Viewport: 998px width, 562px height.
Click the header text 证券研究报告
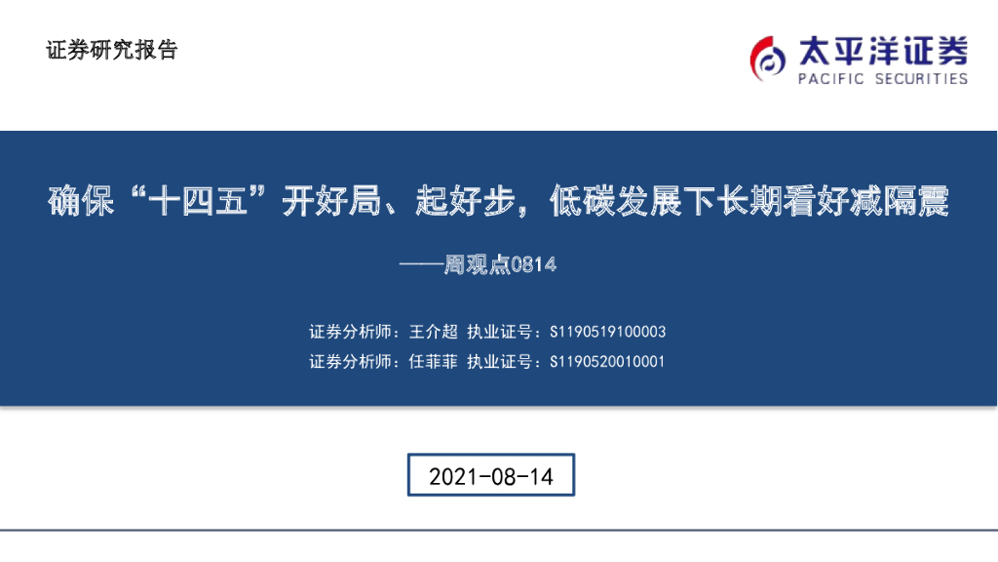point(111,51)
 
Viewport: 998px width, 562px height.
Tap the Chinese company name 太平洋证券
point(883,48)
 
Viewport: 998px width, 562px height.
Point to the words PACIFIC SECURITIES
point(883,79)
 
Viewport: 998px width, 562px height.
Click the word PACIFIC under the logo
point(831,79)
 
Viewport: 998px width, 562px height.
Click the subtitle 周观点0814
point(500,263)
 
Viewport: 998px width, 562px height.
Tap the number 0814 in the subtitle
point(534,263)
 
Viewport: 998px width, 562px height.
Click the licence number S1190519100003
point(607,333)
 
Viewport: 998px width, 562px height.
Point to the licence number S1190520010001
point(607,362)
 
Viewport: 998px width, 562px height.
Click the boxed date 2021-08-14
point(491,476)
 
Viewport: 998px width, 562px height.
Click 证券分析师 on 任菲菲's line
point(349,362)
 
